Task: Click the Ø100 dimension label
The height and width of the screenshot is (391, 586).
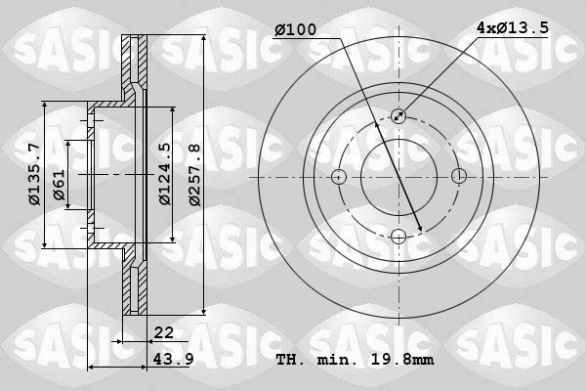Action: (295, 30)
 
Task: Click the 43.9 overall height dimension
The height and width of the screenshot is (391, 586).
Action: (170, 359)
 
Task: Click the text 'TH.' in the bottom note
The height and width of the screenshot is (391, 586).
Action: (291, 359)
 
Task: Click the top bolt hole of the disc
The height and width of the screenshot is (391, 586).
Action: (398, 116)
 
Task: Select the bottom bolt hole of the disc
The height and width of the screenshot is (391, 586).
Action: (398, 236)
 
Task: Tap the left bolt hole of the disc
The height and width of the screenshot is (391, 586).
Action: (339, 177)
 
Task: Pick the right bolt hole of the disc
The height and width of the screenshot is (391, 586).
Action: (458, 177)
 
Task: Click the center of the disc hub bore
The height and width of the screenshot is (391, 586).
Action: (398, 177)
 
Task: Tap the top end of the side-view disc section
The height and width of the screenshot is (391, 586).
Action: (134, 39)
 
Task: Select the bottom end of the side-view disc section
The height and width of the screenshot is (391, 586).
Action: (134, 312)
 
